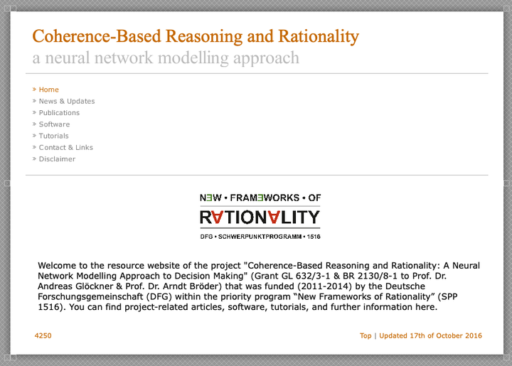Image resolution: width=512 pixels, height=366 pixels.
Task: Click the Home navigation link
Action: coord(48,90)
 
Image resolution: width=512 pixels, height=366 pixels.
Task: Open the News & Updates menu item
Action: coord(67,101)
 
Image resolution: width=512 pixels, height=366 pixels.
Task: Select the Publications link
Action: coord(59,113)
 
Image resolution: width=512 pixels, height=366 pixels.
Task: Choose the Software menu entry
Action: coord(54,124)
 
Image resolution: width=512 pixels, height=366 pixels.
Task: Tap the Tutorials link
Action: coord(53,136)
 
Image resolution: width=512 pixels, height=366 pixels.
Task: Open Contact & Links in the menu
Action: coord(65,147)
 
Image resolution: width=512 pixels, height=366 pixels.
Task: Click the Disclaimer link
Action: coord(57,159)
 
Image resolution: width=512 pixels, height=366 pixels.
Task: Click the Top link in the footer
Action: coord(366,336)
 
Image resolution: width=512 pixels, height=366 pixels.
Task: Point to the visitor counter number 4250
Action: coord(43,335)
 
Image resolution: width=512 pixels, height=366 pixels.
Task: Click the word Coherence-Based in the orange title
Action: coord(97,36)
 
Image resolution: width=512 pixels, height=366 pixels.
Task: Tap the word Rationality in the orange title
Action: coord(319,36)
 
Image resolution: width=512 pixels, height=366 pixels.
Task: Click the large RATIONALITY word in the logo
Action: coord(260,217)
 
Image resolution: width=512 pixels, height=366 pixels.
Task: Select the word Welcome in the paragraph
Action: coord(57,266)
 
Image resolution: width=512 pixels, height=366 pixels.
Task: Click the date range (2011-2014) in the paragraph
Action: coord(328,286)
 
